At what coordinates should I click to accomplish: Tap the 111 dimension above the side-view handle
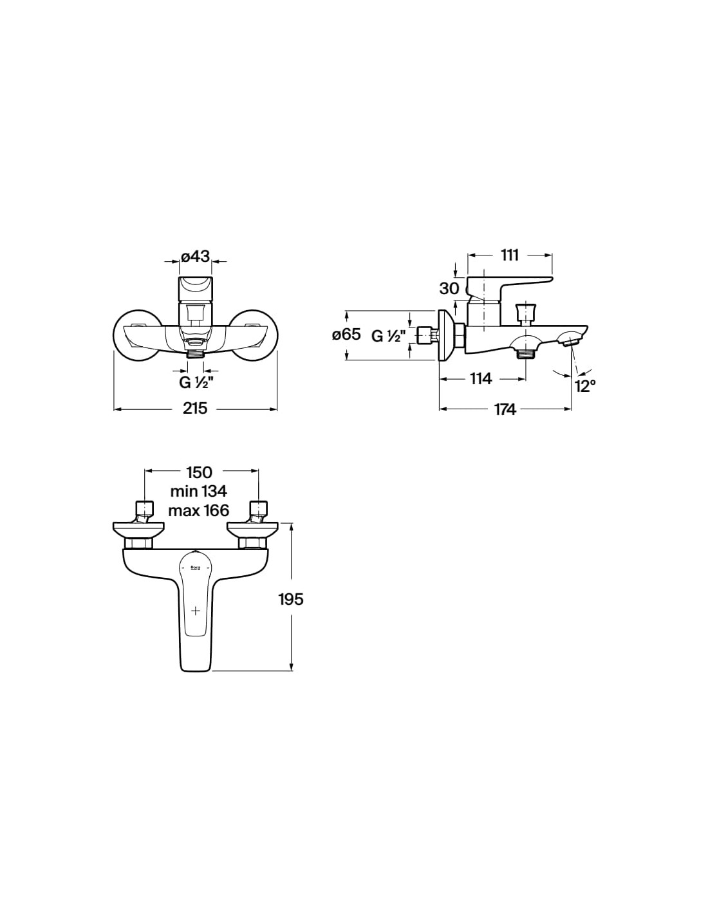pos(510,255)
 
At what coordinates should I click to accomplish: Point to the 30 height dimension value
pos(449,289)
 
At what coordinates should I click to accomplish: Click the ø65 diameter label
pos(346,335)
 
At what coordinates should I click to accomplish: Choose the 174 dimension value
pos(505,409)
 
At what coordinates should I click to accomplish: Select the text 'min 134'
pos(198,491)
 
